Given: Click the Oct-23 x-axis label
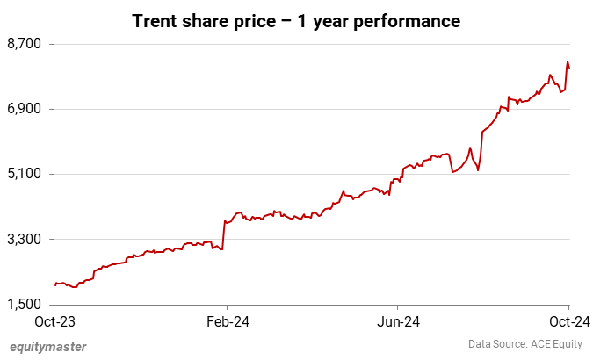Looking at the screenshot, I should point(54,322).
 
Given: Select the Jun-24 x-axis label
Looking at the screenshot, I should point(397,322).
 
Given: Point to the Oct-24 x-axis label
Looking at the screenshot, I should point(568,322).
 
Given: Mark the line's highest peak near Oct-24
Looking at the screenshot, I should point(568,61).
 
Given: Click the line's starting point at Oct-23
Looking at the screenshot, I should point(54,284).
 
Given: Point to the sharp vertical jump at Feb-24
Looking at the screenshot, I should point(224,235).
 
